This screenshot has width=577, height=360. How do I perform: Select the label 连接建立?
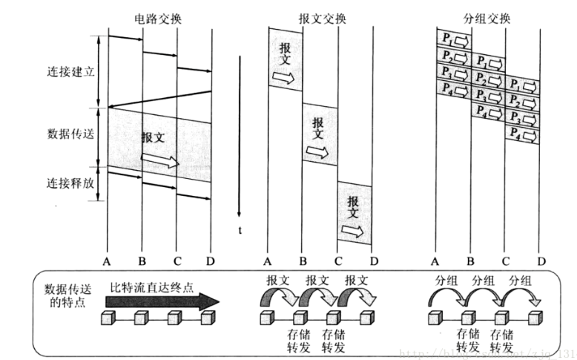click(70, 72)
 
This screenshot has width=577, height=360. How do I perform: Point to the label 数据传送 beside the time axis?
click(70, 134)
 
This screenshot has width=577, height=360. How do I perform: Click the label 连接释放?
click(70, 183)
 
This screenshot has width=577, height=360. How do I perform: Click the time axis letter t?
click(240, 230)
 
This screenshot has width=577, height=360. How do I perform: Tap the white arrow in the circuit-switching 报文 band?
click(164, 161)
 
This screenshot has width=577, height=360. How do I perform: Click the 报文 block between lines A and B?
click(285, 59)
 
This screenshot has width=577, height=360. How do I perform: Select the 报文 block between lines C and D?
click(355, 212)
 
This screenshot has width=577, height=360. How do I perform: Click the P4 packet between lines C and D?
click(522, 134)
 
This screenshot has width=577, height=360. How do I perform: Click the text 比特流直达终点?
click(153, 287)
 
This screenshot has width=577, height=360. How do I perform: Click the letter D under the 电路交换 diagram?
click(211, 261)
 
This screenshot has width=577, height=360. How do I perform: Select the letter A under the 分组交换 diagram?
click(435, 261)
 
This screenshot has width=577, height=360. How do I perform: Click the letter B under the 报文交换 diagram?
click(302, 261)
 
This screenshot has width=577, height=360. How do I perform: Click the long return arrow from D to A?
click(159, 99)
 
